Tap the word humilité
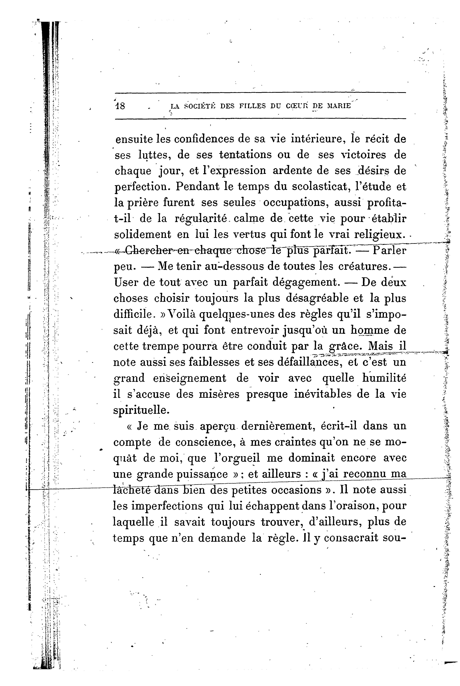pos(385,378)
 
